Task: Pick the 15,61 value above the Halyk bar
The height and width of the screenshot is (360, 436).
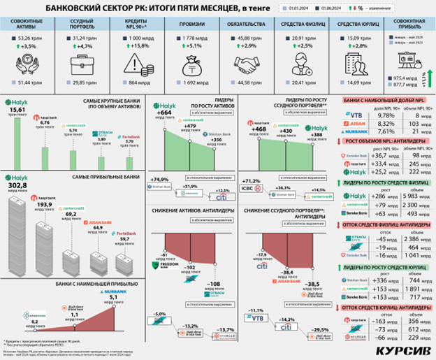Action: [x=18, y=110]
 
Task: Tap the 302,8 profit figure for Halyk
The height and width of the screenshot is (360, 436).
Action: [x=17, y=187]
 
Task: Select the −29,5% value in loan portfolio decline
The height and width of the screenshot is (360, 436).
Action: [x=321, y=330]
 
